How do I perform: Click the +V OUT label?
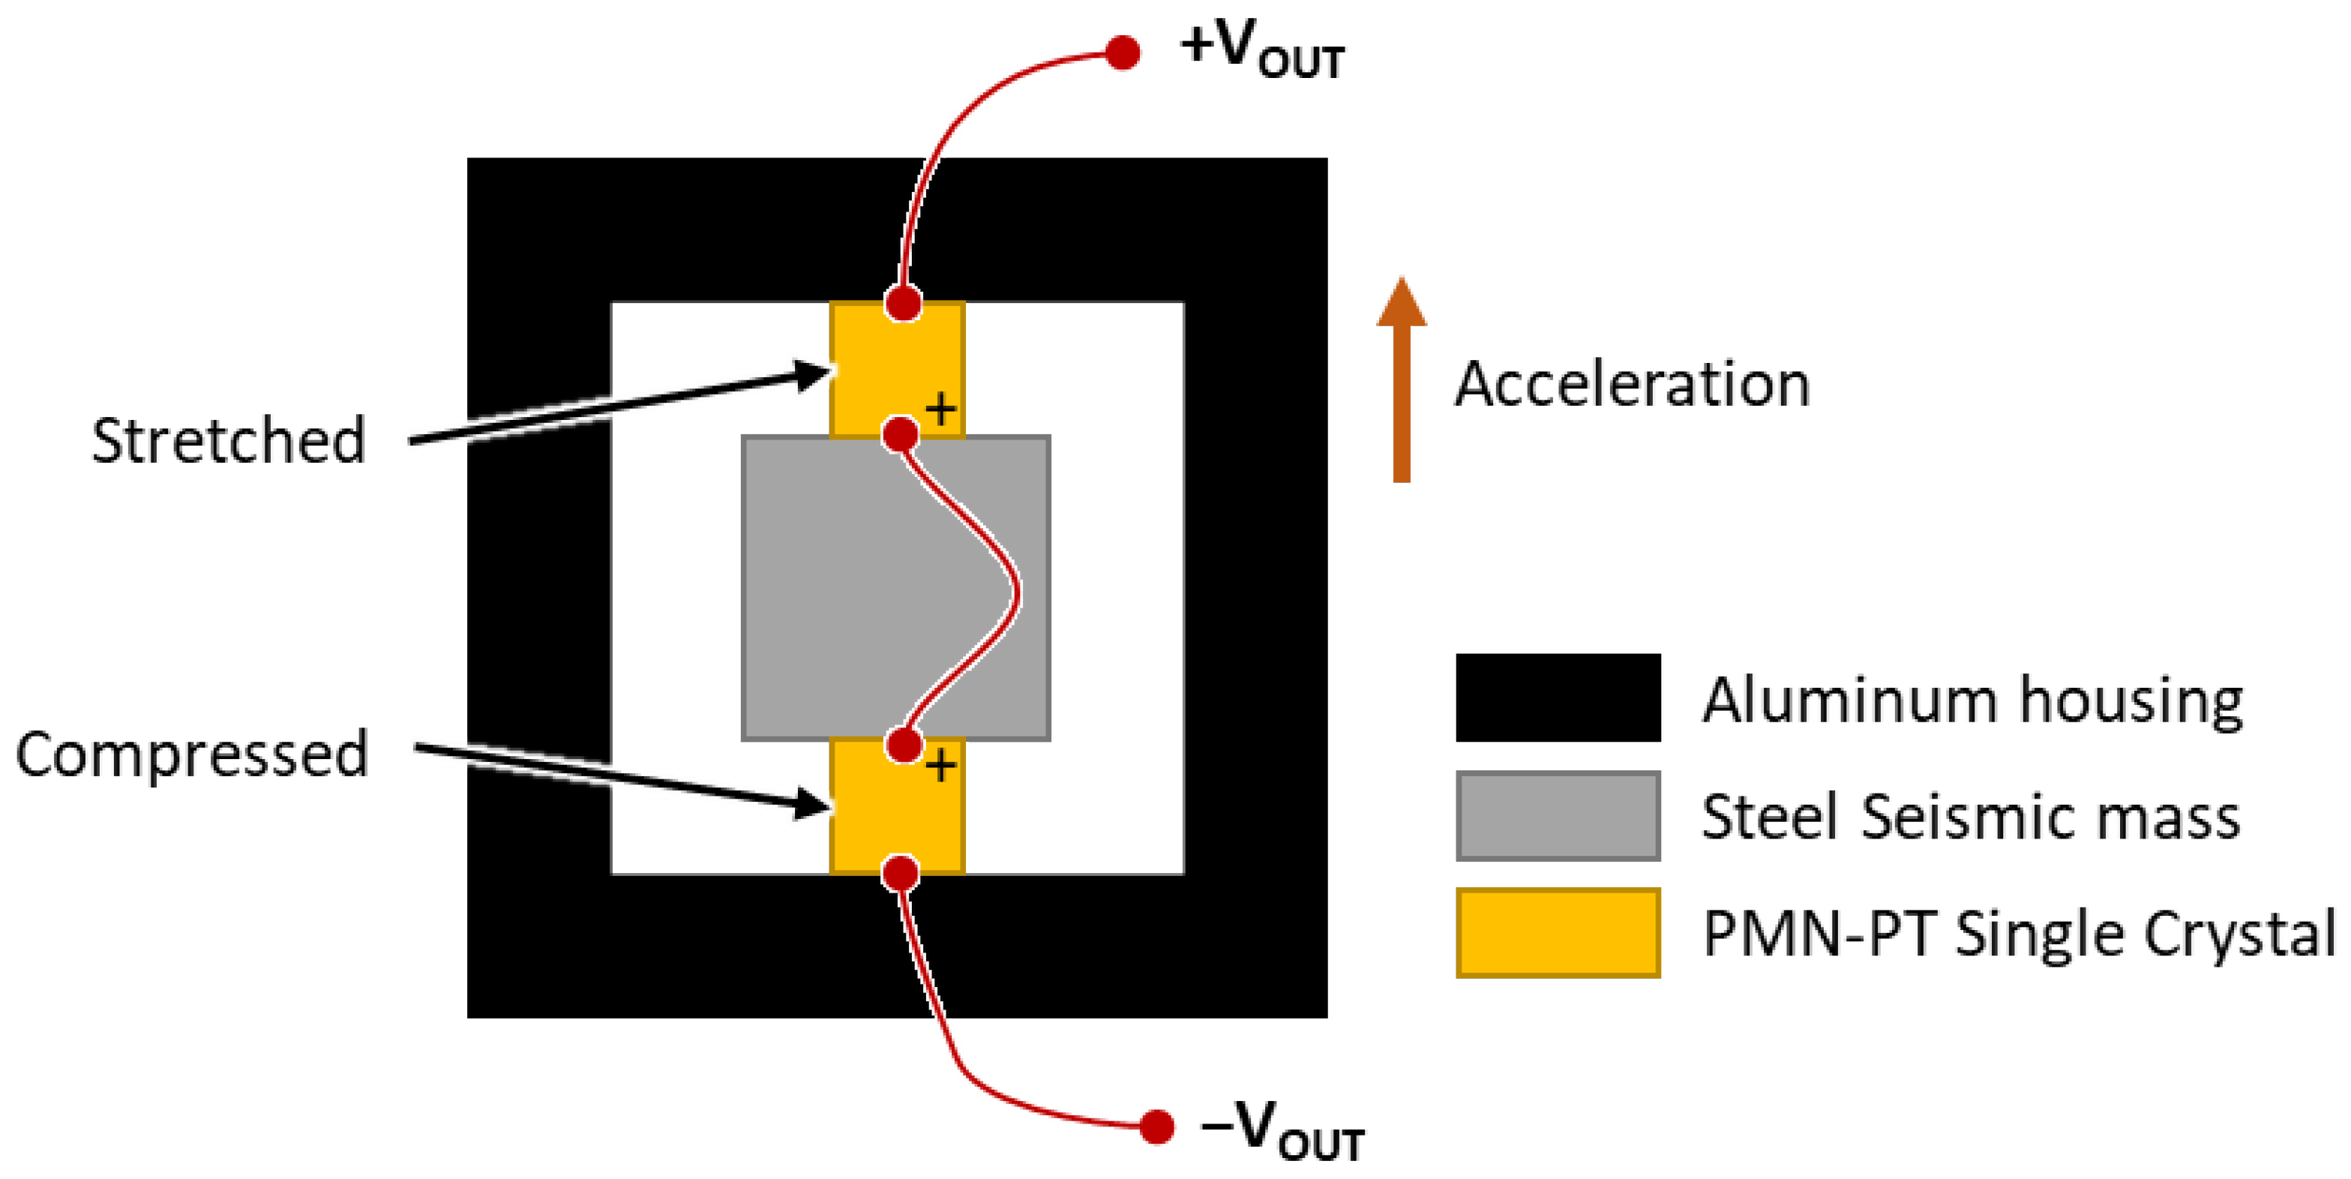pos(1261,50)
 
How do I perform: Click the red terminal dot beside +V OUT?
pos(1123,53)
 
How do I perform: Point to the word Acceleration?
pos(1632,384)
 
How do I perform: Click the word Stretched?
pos(228,441)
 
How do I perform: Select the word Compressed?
pos(192,754)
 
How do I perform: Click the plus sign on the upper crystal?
pos(941,409)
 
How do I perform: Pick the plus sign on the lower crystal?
pos(941,766)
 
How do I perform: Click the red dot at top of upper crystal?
pos(904,303)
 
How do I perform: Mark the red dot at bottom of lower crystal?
pos(901,873)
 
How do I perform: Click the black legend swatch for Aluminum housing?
pos(1558,697)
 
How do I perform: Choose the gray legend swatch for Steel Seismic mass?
pos(1558,816)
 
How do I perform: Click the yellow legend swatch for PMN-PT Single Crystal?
pos(1558,932)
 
